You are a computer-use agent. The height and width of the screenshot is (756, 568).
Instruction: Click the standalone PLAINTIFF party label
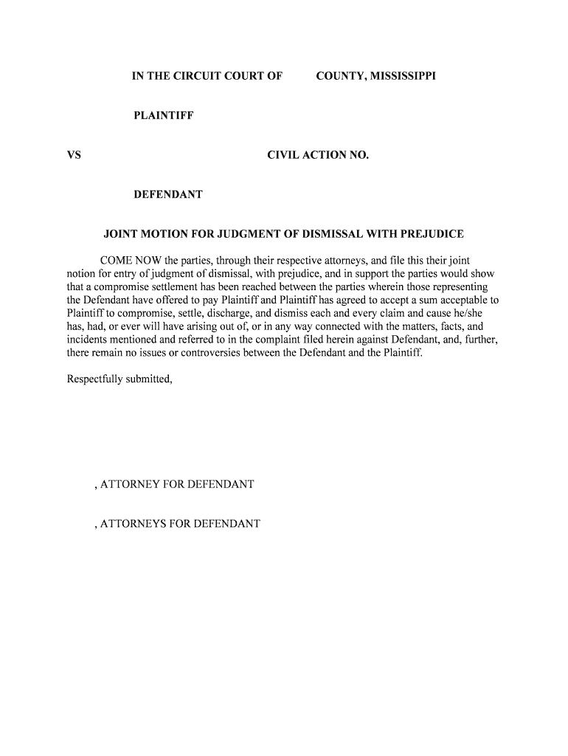click(x=163, y=116)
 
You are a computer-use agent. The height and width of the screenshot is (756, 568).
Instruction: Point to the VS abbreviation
click(x=74, y=155)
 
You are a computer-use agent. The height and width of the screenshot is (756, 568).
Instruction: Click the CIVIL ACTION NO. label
click(x=317, y=155)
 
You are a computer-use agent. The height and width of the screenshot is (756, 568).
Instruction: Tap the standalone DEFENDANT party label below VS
click(x=168, y=195)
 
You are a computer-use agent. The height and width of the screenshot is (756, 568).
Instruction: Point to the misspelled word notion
click(x=81, y=274)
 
